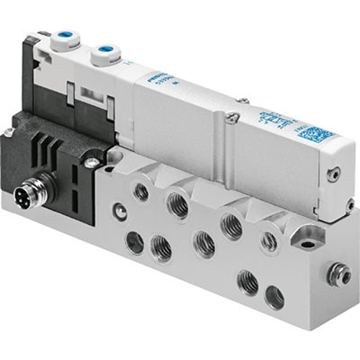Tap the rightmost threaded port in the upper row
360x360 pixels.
coord(269,243)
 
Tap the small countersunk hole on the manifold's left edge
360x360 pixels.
coord(120,212)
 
